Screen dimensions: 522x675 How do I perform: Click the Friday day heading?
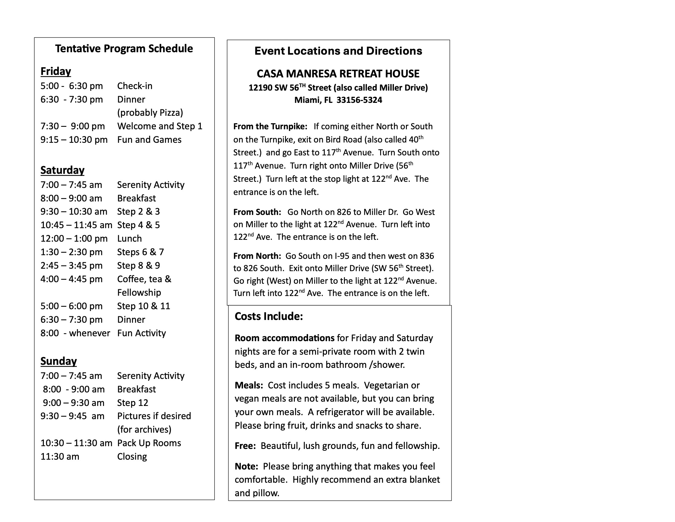click(x=56, y=72)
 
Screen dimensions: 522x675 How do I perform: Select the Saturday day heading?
click(x=62, y=170)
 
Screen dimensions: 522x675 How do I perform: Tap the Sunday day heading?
click(x=58, y=361)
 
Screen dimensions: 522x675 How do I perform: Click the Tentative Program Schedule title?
click(x=124, y=49)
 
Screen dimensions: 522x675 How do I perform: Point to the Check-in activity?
click(x=135, y=86)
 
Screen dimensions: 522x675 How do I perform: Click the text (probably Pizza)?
click(x=150, y=113)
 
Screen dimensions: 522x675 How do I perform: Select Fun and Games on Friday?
click(x=149, y=140)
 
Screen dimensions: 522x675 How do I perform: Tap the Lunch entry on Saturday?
click(x=129, y=239)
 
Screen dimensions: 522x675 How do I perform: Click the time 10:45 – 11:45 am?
click(x=76, y=225)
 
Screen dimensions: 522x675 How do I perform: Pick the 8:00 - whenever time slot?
click(x=75, y=333)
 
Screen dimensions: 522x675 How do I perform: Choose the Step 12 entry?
click(x=133, y=403)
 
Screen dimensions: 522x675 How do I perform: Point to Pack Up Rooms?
click(x=149, y=443)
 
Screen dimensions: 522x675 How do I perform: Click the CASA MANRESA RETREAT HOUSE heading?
click(x=338, y=74)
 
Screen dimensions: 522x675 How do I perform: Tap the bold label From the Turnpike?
click(x=270, y=127)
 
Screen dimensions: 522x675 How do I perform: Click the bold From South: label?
click(x=257, y=212)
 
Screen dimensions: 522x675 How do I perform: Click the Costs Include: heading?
click(x=268, y=316)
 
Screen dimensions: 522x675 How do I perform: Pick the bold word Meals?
click(x=249, y=385)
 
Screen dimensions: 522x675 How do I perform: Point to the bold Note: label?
click(x=246, y=466)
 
